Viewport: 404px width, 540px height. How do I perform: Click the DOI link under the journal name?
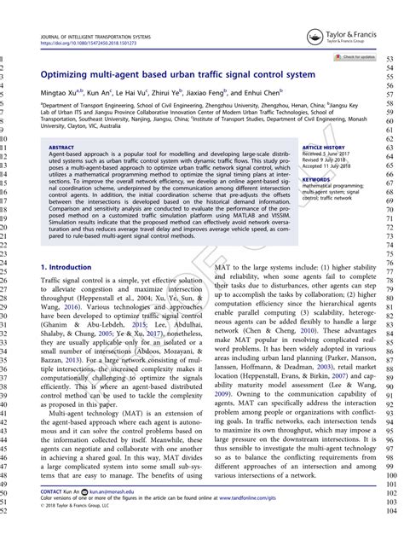click(85, 42)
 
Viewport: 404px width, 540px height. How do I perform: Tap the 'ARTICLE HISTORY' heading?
click(323, 147)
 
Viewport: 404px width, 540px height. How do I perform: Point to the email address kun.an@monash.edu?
click(113, 492)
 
